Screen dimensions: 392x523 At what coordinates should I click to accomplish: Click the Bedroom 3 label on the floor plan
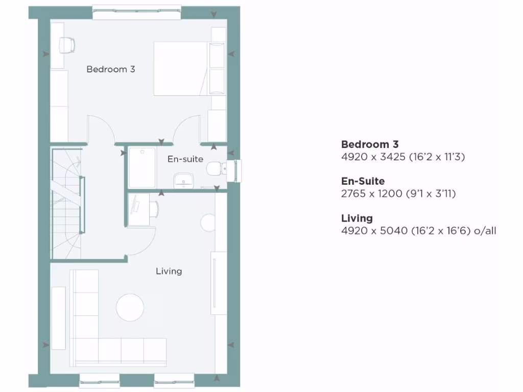pos(111,69)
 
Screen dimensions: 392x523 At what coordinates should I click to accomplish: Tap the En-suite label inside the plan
pos(185,159)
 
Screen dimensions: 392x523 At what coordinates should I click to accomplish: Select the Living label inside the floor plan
pos(169,271)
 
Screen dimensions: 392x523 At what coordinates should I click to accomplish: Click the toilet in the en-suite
pos(216,169)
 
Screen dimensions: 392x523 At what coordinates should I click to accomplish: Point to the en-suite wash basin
pos(182,179)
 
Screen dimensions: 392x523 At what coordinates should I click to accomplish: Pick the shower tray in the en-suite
pos(142,167)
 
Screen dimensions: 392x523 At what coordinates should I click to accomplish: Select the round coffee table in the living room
pos(130,307)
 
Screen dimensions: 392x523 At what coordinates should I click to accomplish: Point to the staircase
pos(67,204)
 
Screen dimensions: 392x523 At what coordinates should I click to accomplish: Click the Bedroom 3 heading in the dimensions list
pos(370,144)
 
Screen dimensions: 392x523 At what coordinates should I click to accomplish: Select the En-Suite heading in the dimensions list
pos(363,181)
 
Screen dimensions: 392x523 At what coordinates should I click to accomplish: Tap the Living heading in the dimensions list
pos(357,218)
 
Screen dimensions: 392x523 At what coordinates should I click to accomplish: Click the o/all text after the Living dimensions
pos(485,231)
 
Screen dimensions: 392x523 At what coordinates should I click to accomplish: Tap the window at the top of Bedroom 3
pos(137,13)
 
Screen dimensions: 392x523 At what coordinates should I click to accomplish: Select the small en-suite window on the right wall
pos(236,170)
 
